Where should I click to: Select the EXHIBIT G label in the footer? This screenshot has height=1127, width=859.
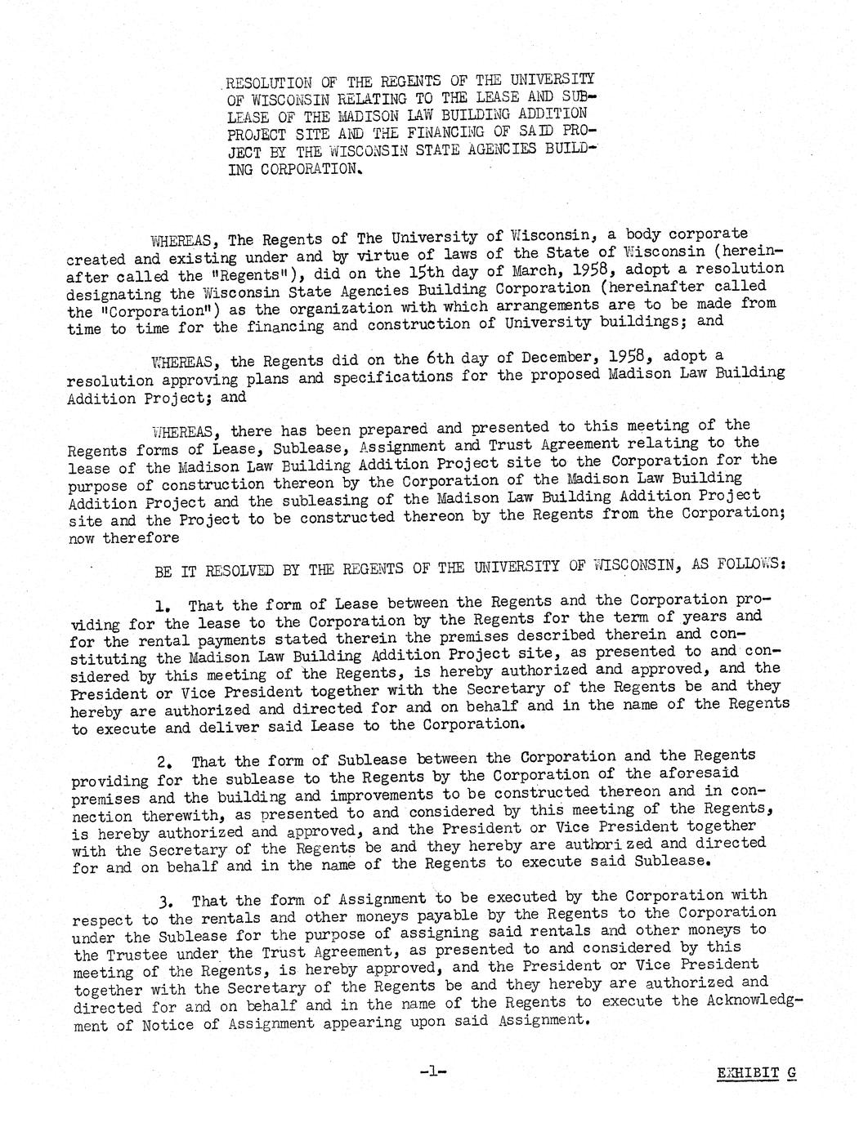[x=754, y=1073]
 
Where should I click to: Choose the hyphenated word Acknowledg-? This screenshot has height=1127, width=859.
[x=753, y=1001]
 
